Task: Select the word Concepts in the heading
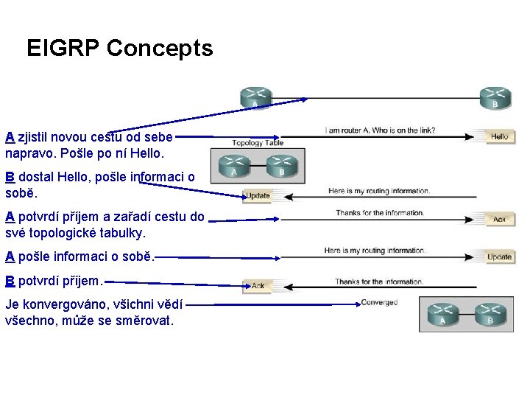click(160, 49)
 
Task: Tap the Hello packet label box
click(499, 136)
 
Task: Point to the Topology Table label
click(258, 143)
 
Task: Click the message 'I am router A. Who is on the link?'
click(380, 131)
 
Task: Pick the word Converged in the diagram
click(379, 302)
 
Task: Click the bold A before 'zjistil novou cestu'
click(10, 137)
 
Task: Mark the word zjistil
click(38, 137)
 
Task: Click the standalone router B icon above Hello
click(495, 97)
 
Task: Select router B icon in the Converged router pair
click(489, 313)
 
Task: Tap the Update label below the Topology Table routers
click(258, 195)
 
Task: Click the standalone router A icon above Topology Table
click(255, 97)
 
